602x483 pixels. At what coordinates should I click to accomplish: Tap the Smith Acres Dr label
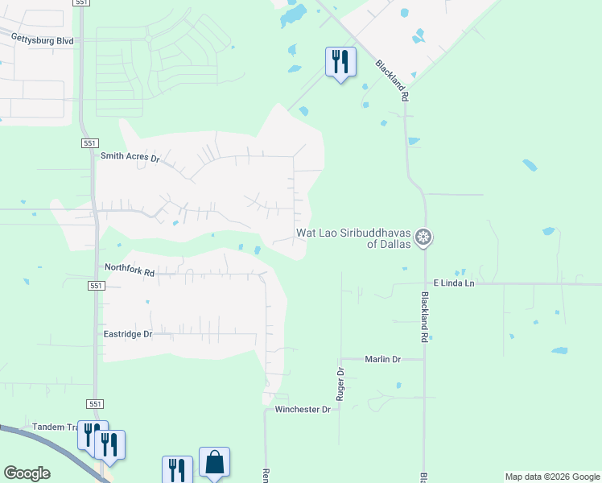[x=130, y=157]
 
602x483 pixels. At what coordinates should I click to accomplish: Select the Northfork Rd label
[x=129, y=271]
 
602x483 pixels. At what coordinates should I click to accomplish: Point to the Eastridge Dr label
[x=128, y=333]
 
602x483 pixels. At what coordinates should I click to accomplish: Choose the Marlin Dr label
[x=382, y=359]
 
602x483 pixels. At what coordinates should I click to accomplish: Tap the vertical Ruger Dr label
[x=340, y=384]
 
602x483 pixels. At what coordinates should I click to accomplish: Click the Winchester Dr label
[x=303, y=410]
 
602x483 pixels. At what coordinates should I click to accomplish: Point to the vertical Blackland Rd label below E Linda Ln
[x=424, y=316]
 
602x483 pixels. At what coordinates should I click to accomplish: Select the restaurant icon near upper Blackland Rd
[x=340, y=61]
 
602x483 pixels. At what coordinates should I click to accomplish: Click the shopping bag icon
[x=214, y=462]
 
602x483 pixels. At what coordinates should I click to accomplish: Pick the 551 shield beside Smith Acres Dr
[x=90, y=142]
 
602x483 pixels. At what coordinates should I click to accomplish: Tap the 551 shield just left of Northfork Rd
[x=96, y=286]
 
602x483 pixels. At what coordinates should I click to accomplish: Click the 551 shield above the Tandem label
[x=95, y=404]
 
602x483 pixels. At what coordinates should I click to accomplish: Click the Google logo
[x=27, y=473]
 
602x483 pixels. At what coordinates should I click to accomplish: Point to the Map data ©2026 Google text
[x=553, y=477]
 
